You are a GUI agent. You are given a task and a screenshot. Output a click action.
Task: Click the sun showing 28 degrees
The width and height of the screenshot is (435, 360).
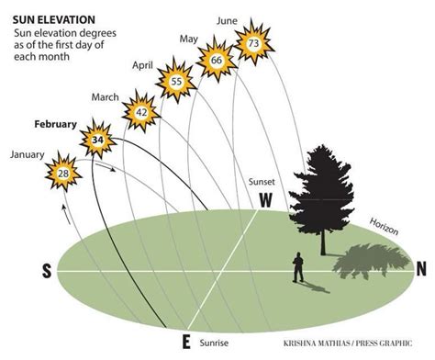point(64,173)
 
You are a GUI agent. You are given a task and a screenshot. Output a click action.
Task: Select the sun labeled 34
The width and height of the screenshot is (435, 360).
point(97,141)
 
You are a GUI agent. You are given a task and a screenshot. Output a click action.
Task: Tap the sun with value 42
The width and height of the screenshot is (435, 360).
point(141,112)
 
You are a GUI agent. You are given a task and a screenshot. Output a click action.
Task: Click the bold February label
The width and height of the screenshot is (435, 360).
point(55,124)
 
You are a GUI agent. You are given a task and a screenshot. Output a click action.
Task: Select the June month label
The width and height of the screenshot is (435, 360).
point(229,18)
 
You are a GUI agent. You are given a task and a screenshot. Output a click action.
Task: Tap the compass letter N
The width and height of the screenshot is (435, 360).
point(421,269)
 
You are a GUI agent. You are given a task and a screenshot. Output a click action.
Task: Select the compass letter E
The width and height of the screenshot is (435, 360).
point(186,343)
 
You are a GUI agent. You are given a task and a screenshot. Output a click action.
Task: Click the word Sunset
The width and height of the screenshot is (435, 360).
point(262,182)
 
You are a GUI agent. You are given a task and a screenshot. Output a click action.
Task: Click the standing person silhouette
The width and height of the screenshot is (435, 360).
point(298,268)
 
